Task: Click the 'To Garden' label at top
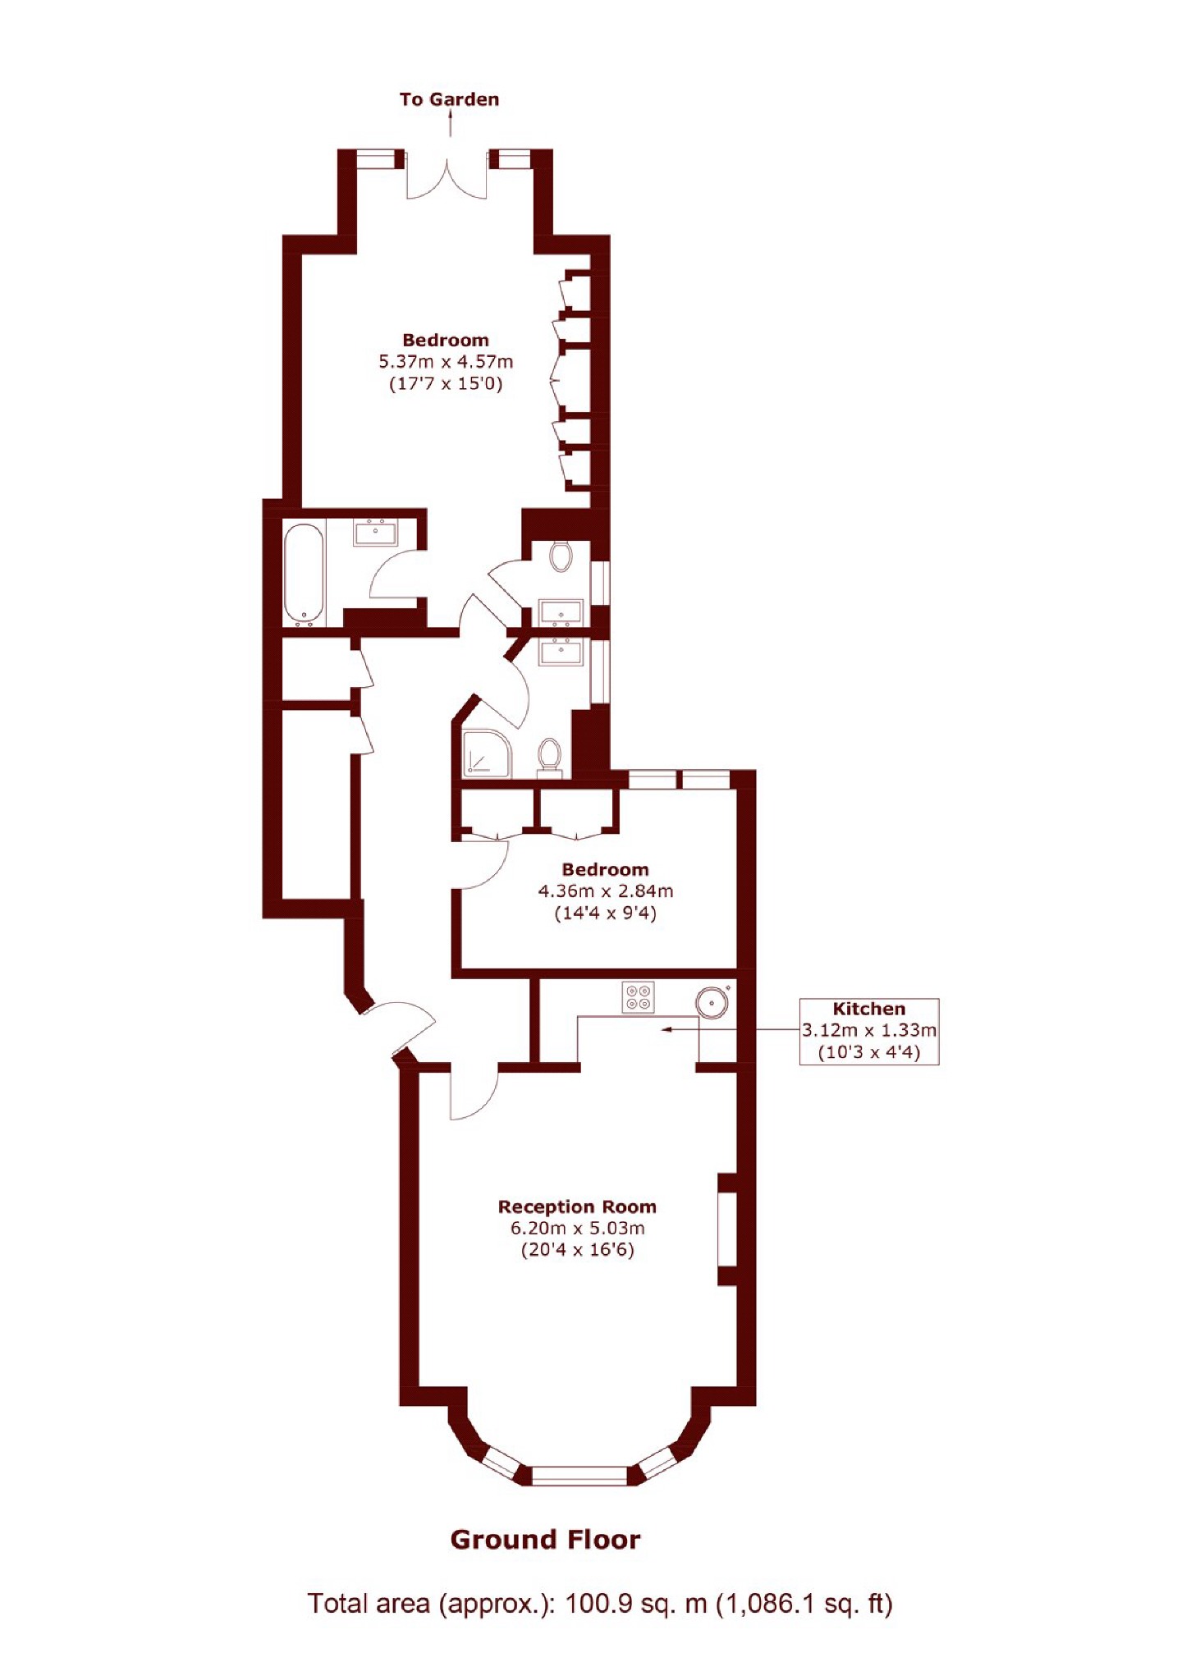pyautogui.click(x=449, y=99)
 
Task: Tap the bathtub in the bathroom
pyautogui.click(x=302, y=572)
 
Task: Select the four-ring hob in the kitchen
pyautogui.click(x=639, y=996)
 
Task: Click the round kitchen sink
pyautogui.click(x=712, y=1002)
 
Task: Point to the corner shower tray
pyautogui.click(x=486, y=753)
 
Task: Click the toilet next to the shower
pyautogui.click(x=549, y=755)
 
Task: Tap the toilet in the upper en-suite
pyautogui.click(x=561, y=556)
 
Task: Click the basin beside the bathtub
pyautogui.click(x=375, y=533)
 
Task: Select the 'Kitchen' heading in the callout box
pyautogui.click(x=868, y=1009)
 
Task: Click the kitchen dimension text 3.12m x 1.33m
pyautogui.click(x=868, y=1030)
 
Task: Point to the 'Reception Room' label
pyautogui.click(x=577, y=1206)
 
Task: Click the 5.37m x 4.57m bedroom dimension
pyautogui.click(x=445, y=361)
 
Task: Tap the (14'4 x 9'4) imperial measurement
pyautogui.click(x=605, y=913)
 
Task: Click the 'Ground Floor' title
pyautogui.click(x=545, y=1539)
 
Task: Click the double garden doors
pyautogui.click(x=447, y=176)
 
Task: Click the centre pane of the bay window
pyautogui.click(x=579, y=1475)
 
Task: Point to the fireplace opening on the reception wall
pyautogui.click(x=727, y=1229)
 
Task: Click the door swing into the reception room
pyautogui.click(x=474, y=1093)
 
